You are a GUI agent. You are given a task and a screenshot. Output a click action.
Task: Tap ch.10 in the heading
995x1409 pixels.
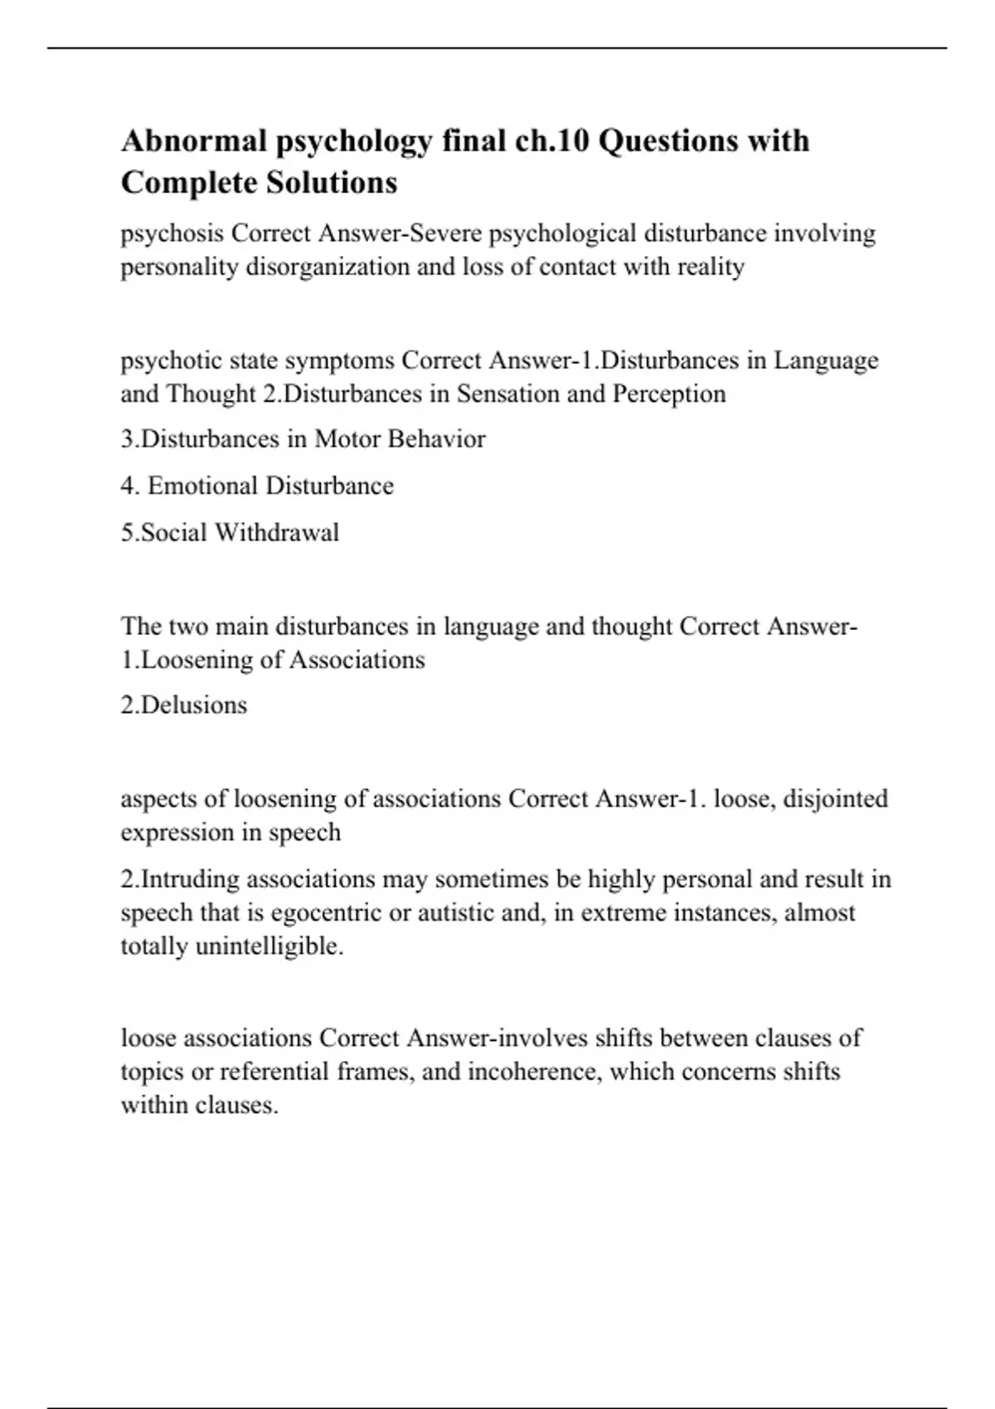(549, 141)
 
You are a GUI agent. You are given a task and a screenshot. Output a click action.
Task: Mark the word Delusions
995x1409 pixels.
(195, 705)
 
